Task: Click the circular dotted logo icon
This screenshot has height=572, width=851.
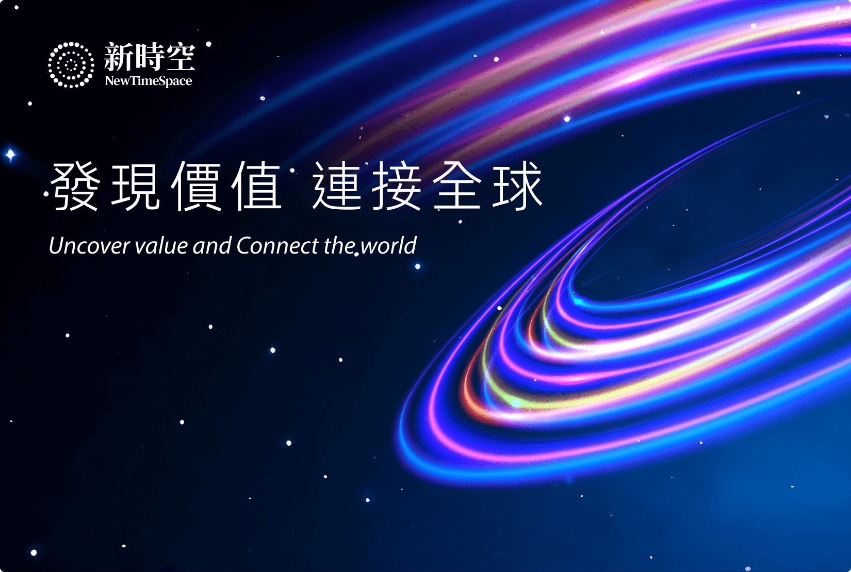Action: (x=71, y=65)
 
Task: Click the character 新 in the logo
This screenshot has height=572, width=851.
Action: (x=119, y=57)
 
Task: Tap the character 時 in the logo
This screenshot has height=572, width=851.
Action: (x=149, y=57)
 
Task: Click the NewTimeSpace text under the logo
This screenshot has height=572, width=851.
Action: (x=149, y=81)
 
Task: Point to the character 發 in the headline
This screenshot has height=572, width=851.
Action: (x=75, y=186)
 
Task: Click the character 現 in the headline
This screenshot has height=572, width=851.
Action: (x=136, y=186)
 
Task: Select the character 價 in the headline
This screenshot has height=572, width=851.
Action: (x=196, y=186)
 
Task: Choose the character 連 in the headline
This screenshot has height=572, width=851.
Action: (x=337, y=186)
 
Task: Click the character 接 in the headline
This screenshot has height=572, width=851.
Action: (x=397, y=186)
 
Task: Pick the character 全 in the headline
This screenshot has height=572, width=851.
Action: (x=457, y=186)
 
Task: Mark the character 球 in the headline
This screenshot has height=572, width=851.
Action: (x=517, y=186)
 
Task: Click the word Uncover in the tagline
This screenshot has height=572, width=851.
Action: (x=90, y=246)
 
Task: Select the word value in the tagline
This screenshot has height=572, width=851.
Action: (x=161, y=246)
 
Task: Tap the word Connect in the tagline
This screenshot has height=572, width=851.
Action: (x=277, y=246)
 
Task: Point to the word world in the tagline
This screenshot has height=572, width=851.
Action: (x=389, y=246)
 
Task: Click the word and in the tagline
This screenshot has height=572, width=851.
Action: (x=212, y=246)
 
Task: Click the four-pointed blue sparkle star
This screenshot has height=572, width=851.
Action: (x=10, y=155)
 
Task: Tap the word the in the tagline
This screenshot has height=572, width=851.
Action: (x=340, y=246)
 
